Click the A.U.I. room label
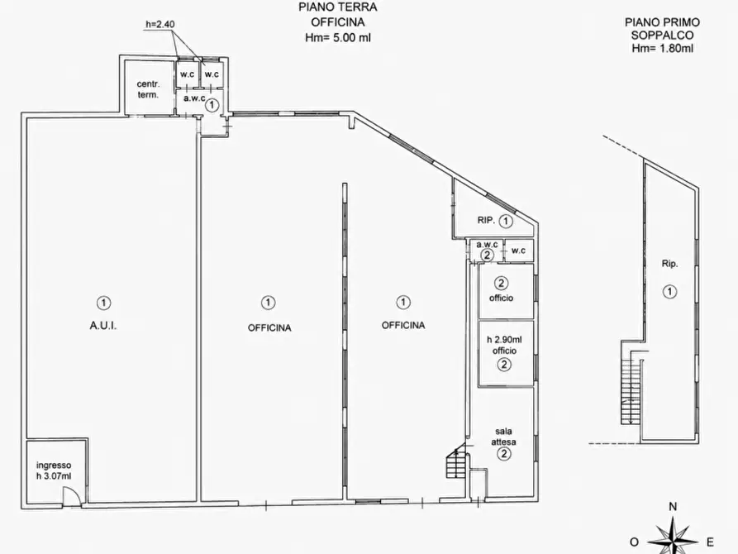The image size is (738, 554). [103, 326]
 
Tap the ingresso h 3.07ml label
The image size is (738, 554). [54, 470]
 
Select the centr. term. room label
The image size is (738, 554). [148, 89]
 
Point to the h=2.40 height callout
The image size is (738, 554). [160, 24]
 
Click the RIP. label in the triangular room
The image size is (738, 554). [486, 220]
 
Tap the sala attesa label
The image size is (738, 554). [503, 437]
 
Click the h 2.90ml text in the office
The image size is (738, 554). [504, 339]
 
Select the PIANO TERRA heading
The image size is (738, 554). [337, 7]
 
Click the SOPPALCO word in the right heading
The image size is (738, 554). [662, 36]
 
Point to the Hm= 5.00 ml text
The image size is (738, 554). [337, 38]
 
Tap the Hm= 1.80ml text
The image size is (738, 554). [662, 48]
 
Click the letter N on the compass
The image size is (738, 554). [673, 507]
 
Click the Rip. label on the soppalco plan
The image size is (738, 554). [669, 264]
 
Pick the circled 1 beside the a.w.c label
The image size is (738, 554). [212, 104]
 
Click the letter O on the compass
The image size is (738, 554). [634, 542]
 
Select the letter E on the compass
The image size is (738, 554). [711, 542]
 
